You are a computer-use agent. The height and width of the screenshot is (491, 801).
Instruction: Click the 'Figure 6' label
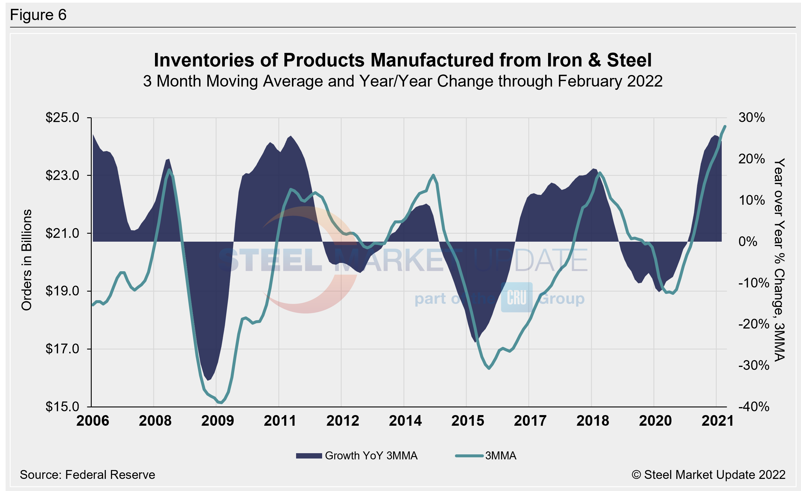coord(38,15)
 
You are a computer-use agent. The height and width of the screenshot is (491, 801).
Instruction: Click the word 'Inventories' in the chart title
coord(204,60)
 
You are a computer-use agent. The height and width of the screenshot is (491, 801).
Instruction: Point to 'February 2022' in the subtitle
coord(610,81)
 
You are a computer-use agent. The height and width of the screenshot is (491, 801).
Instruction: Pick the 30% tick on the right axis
coord(751,118)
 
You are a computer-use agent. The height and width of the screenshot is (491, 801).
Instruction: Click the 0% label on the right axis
coord(748,242)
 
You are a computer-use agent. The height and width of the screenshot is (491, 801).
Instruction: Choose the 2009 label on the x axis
coord(217,421)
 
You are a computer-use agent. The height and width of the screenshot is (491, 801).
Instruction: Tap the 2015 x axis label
coord(467,421)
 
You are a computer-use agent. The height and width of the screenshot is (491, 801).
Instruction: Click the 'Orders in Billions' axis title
coord(27,260)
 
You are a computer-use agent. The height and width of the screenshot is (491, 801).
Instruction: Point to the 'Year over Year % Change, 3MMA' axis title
coord(779,260)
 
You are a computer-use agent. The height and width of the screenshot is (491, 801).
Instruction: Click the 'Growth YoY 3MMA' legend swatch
coord(309,456)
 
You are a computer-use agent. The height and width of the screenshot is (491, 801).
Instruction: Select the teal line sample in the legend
coord(469,456)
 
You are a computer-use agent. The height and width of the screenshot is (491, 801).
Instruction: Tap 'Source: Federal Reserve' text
coord(88,475)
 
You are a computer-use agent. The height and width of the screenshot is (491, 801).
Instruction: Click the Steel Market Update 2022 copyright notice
coord(708,475)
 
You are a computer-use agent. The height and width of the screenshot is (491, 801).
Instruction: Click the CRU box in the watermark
coord(516,297)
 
